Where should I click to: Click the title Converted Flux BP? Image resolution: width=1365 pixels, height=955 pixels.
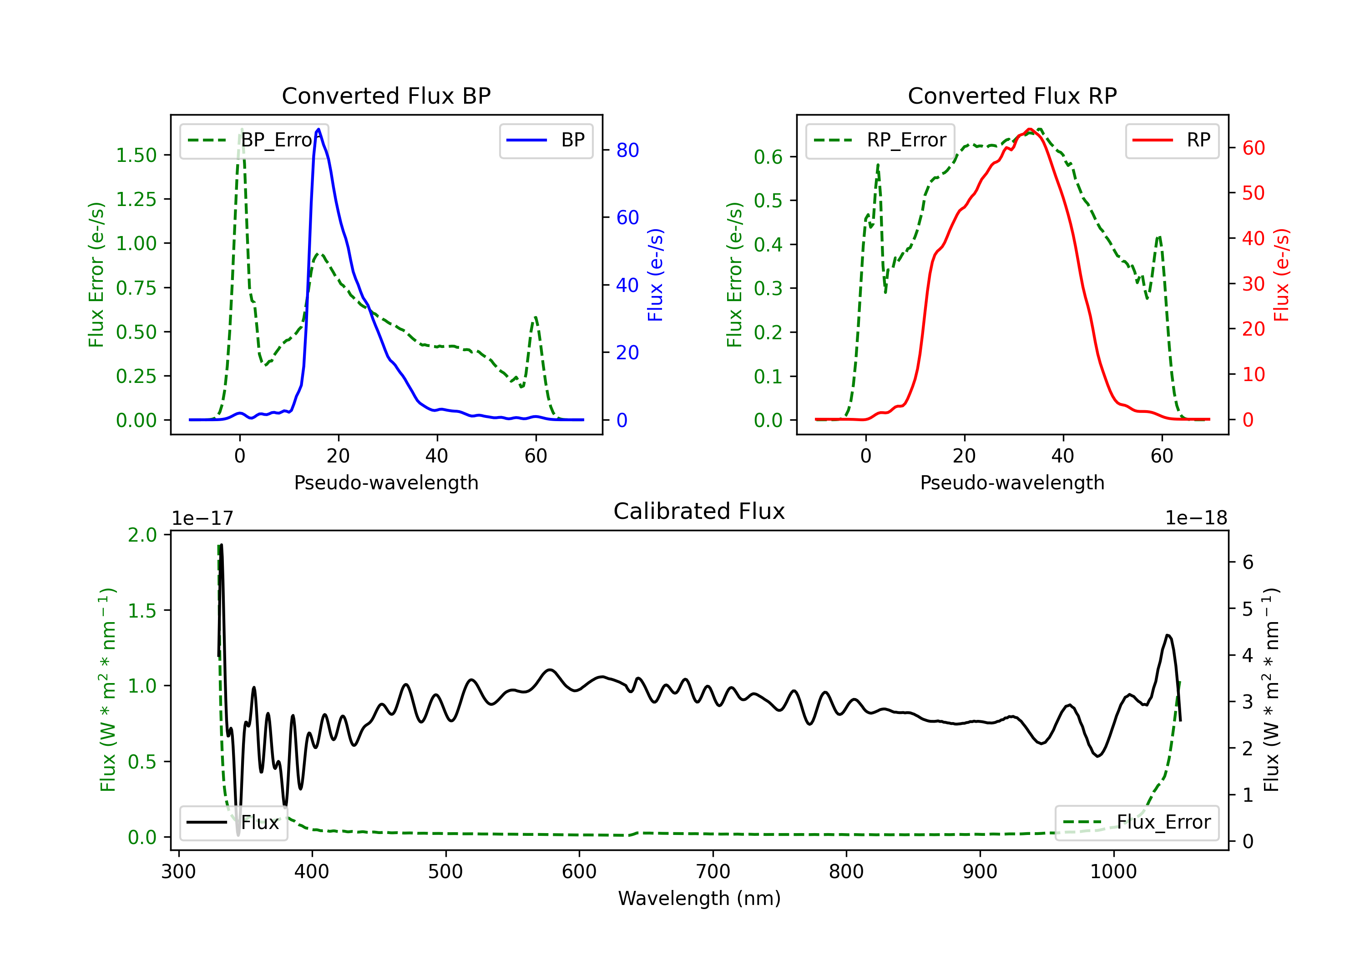pyautogui.click(x=386, y=95)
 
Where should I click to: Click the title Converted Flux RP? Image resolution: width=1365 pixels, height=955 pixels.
pyautogui.click(x=1012, y=95)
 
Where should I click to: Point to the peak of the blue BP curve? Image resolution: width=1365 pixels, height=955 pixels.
pyautogui.click(x=318, y=129)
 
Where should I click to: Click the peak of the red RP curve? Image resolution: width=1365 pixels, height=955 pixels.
pyautogui.click(x=1030, y=129)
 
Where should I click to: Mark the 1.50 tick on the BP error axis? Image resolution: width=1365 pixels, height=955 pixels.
pyautogui.click(x=136, y=155)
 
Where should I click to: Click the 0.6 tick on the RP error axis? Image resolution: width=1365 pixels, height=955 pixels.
pyautogui.click(x=768, y=157)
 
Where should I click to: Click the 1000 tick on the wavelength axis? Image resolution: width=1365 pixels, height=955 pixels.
pyautogui.click(x=1113, y=872)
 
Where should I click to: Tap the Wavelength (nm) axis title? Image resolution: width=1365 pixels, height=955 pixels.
pyautogui.click(x=699, y=898)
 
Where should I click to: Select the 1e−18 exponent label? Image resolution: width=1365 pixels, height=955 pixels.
pyautogui.click(x=1196, y=518)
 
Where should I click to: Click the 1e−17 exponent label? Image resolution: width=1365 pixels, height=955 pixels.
pyautogui.click(x=202, y=518)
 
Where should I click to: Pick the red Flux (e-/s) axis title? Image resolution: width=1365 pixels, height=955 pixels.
pyautogui.click(x=1281, y=275)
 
